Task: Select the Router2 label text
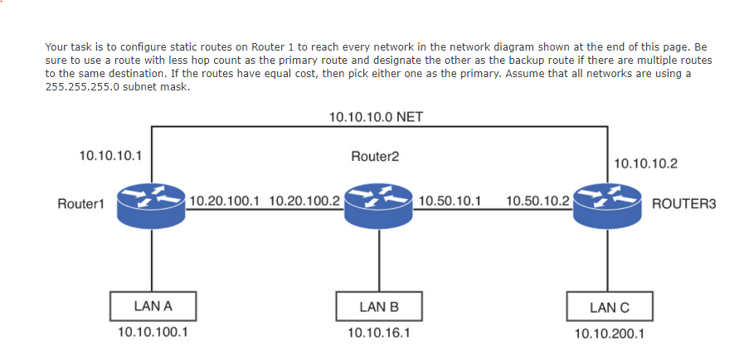(x=375, y=157)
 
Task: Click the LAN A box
(x=153, y=306)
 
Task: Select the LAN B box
(x=379, y=307)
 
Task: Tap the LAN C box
(x=610, y=307)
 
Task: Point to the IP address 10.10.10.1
(x=108, y=155)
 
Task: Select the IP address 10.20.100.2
(x=304, y=201)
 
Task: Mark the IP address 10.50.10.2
(x=537, y=201)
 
